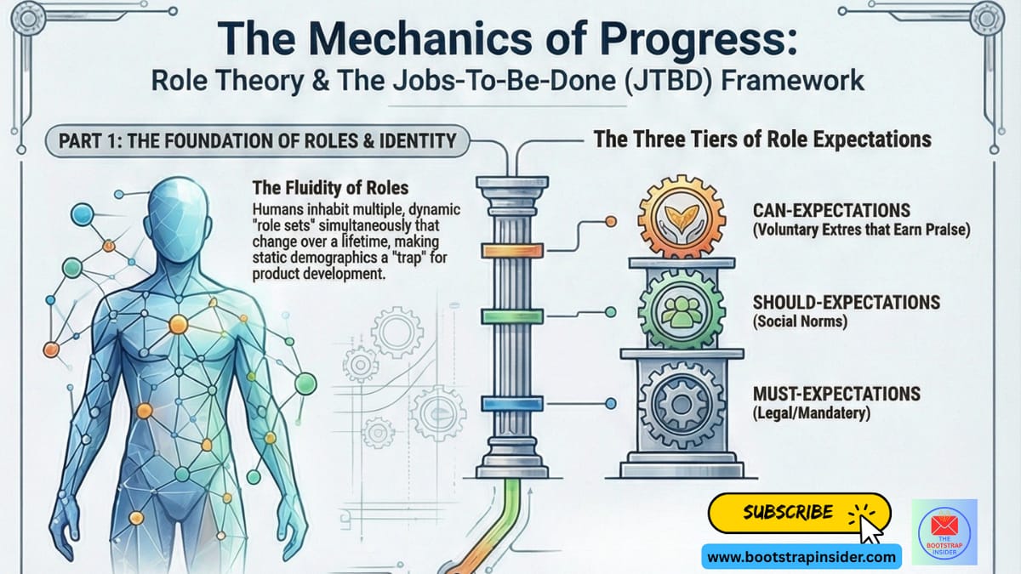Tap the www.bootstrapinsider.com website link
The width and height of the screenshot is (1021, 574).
pyautogui.click(x=801, y=558)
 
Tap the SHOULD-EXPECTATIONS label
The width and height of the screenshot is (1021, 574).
pyautogui.click(x=846, y=303)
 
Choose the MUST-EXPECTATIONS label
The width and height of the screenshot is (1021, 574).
pyautogui.click(x=836, y=394)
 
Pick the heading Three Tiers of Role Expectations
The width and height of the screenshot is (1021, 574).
pyautogui.click(x=761, y=139)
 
